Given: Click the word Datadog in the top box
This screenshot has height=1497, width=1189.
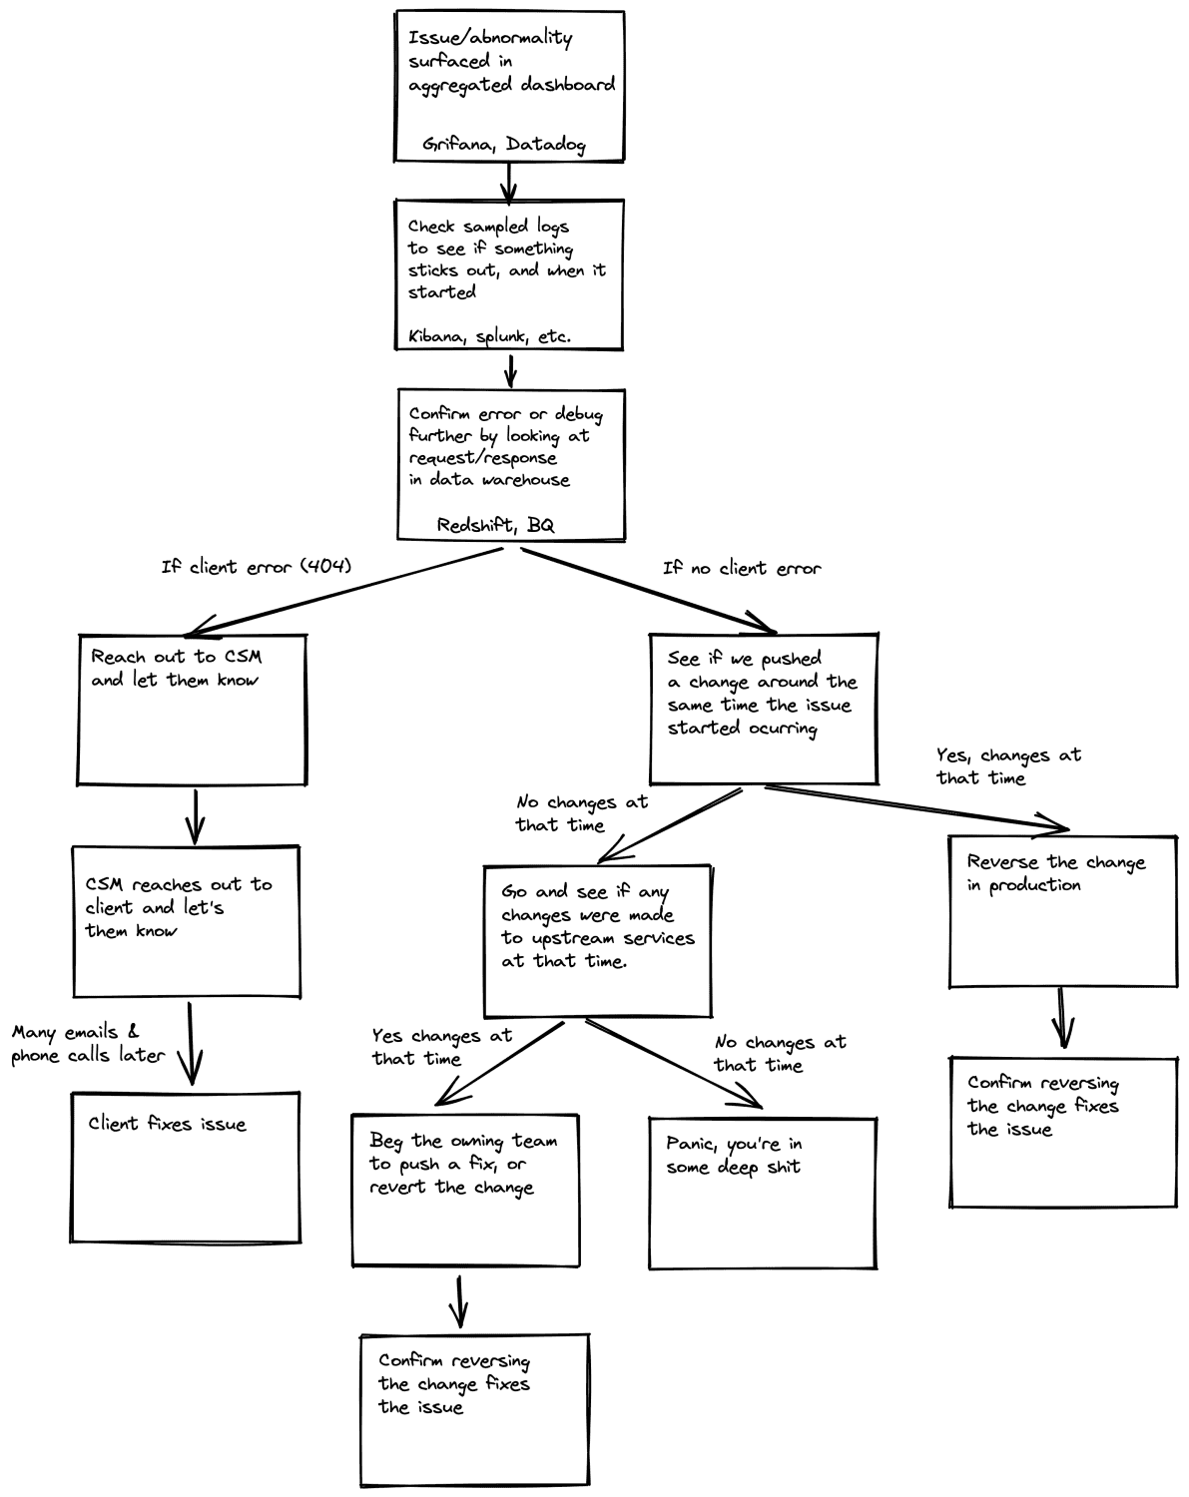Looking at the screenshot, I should point(545,145).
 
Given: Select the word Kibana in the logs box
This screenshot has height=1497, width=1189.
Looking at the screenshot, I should point(436,337).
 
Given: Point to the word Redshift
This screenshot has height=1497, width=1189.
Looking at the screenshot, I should point(476,525).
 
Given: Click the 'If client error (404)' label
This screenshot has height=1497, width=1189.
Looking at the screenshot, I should point(257,567).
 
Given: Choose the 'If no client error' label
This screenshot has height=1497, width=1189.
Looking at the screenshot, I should point(742,568).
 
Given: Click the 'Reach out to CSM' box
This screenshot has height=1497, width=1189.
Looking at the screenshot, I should point(192,709).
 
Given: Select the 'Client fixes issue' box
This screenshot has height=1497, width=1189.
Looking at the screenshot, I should point(187,1167).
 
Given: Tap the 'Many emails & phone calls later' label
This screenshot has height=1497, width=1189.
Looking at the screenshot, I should point(88,1044).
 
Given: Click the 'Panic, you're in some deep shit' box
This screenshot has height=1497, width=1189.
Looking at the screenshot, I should point(763,1193).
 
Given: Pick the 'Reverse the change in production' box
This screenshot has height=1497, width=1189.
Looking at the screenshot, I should point(1063,910).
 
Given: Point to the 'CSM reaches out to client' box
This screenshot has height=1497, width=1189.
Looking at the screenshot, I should point(187,920).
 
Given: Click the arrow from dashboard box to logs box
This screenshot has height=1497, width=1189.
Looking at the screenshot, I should point(509,181).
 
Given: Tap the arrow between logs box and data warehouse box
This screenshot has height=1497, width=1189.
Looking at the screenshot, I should point(510,369).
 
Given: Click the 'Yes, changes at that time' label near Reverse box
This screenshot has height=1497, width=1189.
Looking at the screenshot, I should point(1007,766).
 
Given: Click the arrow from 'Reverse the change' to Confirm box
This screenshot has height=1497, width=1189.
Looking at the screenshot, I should point(1063,1019).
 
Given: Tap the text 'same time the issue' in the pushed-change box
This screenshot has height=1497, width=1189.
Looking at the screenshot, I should point(759,705).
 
